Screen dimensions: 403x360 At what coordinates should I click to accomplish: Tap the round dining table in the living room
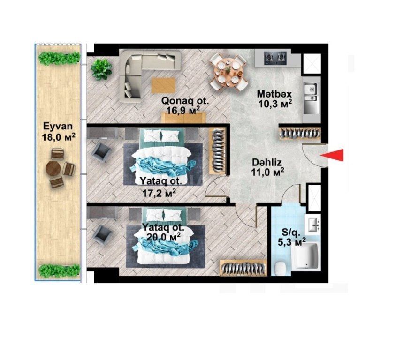228,73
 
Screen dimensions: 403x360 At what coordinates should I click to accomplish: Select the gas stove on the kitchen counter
275,58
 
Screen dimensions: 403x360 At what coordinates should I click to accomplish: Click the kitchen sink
311,98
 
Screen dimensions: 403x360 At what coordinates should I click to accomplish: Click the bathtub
306,256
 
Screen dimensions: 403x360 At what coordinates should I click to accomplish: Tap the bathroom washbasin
313,225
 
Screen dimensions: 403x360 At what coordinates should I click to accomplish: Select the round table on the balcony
53,169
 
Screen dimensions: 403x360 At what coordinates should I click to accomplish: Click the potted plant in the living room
101,69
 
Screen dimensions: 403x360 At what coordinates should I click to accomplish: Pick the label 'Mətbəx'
274,94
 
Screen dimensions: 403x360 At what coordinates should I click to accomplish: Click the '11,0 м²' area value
267,172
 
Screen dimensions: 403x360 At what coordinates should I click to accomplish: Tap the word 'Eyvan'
58,127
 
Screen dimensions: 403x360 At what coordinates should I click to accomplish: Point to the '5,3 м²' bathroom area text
292,241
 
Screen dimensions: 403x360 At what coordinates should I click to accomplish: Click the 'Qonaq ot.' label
185,101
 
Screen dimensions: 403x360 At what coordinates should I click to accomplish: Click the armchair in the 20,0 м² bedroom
102,235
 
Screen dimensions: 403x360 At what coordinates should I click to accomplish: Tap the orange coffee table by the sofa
163,85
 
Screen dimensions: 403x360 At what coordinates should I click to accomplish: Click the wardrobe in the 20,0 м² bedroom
243,268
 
